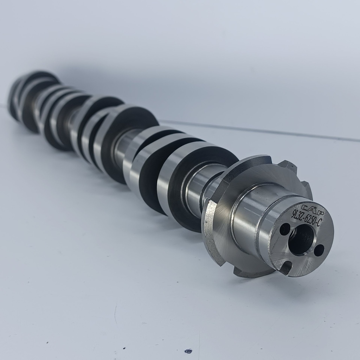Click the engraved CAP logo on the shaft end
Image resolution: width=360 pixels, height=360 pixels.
coord(309,208)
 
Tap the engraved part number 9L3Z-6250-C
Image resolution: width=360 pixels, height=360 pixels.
coord(307,219)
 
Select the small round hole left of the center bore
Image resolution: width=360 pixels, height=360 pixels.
coord(285,229)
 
